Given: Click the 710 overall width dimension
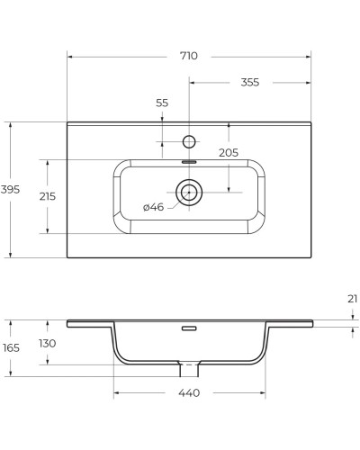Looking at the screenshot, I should (x=188, y=56).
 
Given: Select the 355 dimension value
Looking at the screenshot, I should (x=249, y=82).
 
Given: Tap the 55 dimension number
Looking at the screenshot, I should (x=162, y=103).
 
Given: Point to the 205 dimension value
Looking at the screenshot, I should (x=229, y=153).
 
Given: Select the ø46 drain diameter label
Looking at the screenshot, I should (x=153, y=207).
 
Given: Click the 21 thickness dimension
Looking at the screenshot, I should (x=352, y=298).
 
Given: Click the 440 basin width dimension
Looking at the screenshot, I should (x=188, y=392).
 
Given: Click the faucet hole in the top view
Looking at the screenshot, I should (x=189, y=140).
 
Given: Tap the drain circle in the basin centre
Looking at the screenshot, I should (x=189, y=191).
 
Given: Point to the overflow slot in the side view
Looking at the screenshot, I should (x=189, y=328).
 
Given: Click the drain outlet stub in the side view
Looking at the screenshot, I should (x=189, y=369).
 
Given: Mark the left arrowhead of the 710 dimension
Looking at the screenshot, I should (x=70, y=56).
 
